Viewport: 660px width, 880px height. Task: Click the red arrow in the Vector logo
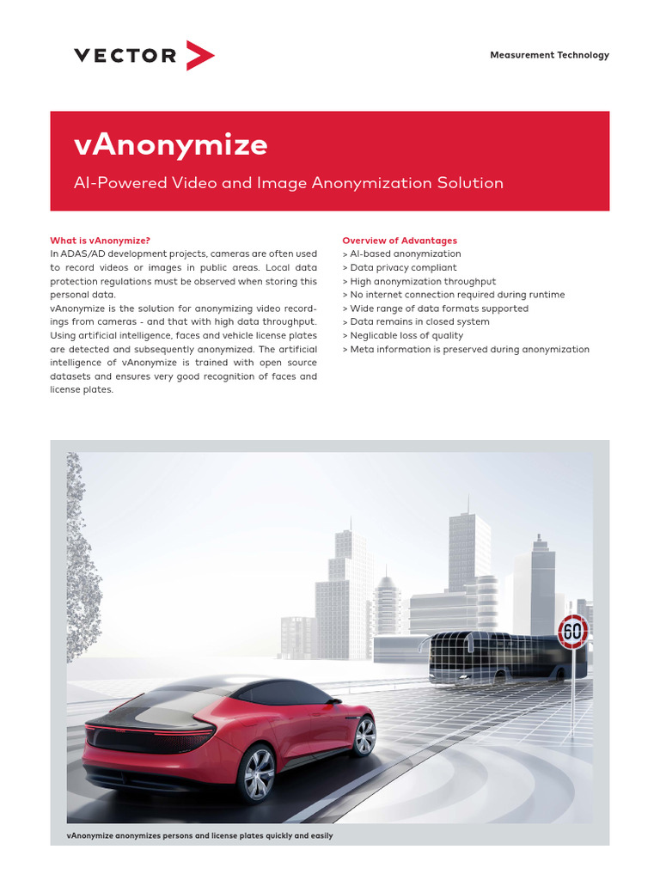click(200, 56)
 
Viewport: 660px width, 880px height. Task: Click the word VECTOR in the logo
click(125, 56)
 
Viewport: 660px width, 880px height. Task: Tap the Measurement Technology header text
click(549, 55)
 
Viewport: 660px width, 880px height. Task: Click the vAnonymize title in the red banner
click(171, 145)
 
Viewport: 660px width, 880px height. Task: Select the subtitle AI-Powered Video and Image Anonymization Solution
click(289, 183)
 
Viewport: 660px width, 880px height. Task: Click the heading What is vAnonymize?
click(106, 241)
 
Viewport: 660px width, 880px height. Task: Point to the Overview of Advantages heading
click(400, 241)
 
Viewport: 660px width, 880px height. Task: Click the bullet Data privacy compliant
click(400, 268)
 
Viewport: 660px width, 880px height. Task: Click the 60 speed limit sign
click(572, 632)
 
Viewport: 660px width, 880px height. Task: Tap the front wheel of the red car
click(364, 736)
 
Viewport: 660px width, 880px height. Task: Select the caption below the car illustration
click(199, 835)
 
